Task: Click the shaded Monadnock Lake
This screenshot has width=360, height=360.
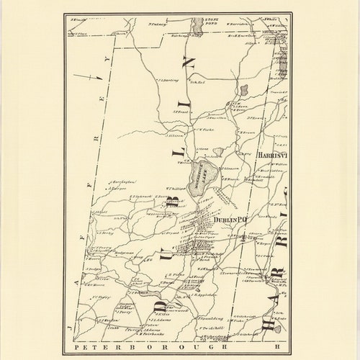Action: pos(197,177)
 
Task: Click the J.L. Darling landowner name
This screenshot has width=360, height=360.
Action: pos(168,81)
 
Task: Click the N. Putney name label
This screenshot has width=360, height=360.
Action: pos(157,24)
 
